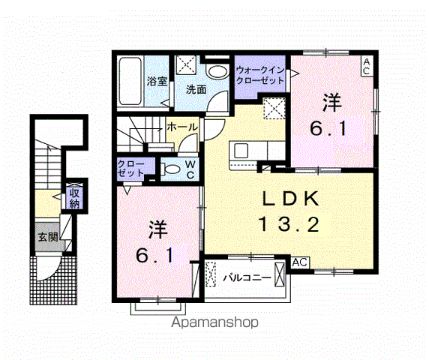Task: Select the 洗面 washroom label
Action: [x=197, y=88]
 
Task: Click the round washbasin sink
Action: [x=217, y=71]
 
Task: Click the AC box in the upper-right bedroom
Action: [x=367, y=65]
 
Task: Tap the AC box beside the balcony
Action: [x=300, y=262]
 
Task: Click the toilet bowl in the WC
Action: [x=170, y=168]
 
